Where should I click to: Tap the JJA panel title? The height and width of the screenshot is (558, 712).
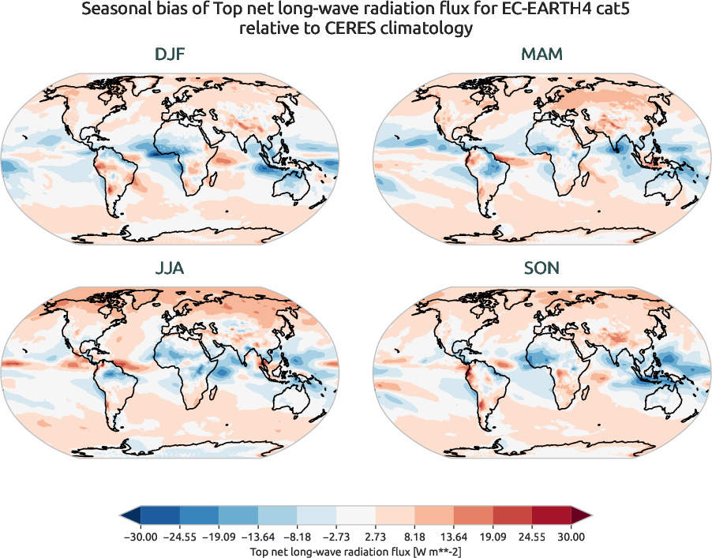click(x=171, y=268)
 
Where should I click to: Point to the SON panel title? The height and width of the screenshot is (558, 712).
click(x=541, y=268)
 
